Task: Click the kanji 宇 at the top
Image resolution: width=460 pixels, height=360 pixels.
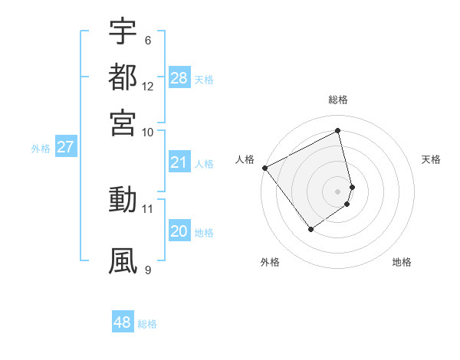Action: [x=123, y=31]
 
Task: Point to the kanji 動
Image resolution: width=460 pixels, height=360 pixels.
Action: [x=123, y=200]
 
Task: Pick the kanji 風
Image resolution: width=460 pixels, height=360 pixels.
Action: [x=123, y=260]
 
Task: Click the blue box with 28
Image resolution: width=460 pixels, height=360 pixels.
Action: [x=179, y=78]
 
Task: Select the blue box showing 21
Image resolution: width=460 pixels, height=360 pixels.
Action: [x=179, y=162]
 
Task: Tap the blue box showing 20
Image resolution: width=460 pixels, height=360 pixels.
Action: [x=179, y=231]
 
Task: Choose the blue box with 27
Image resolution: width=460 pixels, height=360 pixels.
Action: [x=65, y=148]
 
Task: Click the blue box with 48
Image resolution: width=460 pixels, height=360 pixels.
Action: [x=123, y=322]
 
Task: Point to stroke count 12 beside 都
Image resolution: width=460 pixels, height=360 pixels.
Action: [x=148, y=87]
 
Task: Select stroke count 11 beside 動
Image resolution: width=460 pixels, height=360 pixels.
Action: [x=148, y=208]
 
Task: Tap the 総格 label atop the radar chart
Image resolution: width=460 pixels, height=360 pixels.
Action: [x=338, y=100]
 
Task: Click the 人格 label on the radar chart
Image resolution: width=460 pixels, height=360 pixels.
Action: [x=245, y=159]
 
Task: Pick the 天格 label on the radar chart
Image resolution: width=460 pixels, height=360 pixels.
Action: [x=431, y=159]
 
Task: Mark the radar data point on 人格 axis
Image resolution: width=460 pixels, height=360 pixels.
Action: [x=264, y=168]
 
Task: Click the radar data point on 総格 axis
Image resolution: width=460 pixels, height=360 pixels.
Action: [x=338, y=130]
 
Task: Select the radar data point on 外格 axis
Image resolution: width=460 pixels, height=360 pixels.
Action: [x=310, y=228]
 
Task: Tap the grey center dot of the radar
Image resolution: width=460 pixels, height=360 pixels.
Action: [x=338, y=191]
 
